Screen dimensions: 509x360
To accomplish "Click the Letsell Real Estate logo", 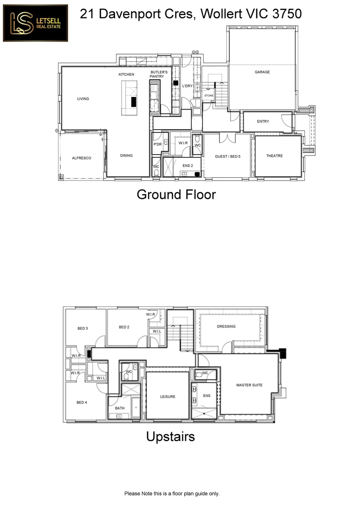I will [35, 23].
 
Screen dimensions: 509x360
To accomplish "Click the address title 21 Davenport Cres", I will [190, 14].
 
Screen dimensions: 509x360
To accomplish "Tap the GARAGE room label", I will [262, 72].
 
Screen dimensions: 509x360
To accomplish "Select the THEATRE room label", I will [274, 156].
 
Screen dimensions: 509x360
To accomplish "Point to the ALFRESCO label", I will [81, 158].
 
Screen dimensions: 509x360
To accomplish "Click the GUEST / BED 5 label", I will [228, 156].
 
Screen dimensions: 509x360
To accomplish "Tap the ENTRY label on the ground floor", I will [263, 122].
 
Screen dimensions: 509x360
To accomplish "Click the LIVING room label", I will [83, 99].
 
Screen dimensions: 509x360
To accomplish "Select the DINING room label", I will [126, 156].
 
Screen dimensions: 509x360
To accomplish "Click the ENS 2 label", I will [188, 166].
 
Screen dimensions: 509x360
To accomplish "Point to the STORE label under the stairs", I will [209, 96].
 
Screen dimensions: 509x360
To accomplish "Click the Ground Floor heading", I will [176, 194].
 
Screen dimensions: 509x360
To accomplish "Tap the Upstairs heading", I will [170, 437].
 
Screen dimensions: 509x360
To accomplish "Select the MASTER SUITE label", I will [249, 385].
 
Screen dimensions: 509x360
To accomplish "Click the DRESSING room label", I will [226, 326].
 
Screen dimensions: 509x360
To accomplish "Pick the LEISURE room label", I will [167, 397].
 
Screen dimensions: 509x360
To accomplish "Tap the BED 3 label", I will [83, 328].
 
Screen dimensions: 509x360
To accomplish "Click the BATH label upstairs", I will [120, 408].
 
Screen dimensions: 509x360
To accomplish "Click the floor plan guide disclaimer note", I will [172, 493].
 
